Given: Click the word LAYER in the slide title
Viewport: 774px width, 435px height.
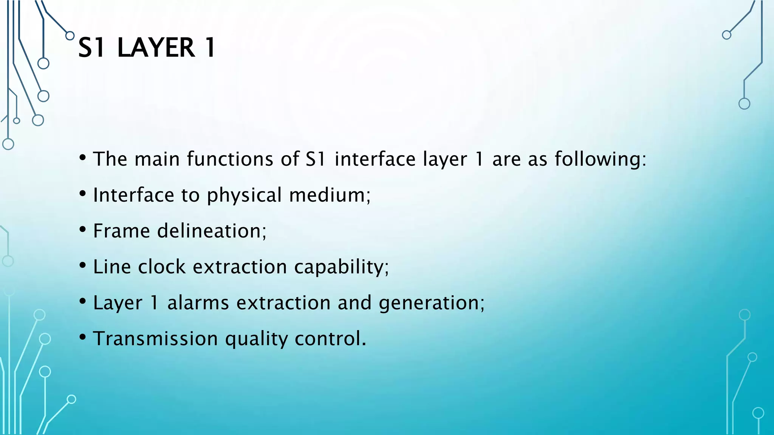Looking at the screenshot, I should pyautogui.click(x=156, y=48).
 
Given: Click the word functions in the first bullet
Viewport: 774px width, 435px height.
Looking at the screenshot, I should pyautogui.click(x=230, y=159).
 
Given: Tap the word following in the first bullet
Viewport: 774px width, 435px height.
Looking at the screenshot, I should pyautogui.click(x=600, y=159).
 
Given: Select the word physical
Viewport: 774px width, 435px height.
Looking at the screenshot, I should pyautogui.click(x=244, y=195).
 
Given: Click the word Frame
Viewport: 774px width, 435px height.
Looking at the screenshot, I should pyautogui.click(x=121, y=231).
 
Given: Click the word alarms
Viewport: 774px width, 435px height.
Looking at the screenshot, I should pyautogui.click(x=198, y=302).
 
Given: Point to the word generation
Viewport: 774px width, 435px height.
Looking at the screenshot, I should pyautogui.click(x=431, y=303).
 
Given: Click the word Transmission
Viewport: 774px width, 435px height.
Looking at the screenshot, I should pyautogui.click(x=155, y=338).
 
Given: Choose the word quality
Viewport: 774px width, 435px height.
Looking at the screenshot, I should pyautogui.click(x=256, y=339).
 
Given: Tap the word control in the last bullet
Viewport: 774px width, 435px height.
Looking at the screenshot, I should pyautogui.click(x=330, y=338).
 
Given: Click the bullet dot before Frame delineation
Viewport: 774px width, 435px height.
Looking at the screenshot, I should pyautogui.click(x=83, y=230).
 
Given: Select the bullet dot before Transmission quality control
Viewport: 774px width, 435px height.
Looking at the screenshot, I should pyautogui.click(x=83, y=337).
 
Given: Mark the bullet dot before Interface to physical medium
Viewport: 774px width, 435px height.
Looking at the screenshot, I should pyautogui.click(x=83, y=194).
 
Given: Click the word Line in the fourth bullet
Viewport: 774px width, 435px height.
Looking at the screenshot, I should pyautogui.click(x=112, y=267).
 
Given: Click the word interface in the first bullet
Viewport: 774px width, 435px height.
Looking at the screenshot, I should pyautogui.click(x=375, y=159).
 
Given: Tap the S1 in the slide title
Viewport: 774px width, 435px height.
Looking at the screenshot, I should pyautogui.click(x=91, y=48).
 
